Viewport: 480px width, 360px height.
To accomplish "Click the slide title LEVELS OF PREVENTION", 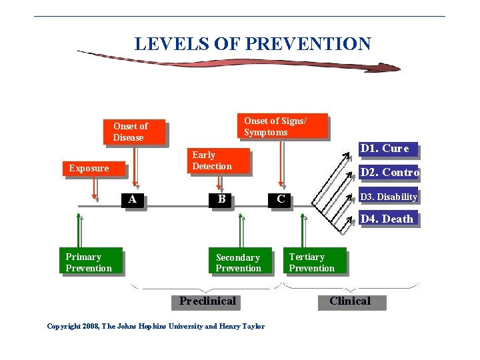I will pos(253,44).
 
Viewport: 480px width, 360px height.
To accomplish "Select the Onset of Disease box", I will pos(134,132).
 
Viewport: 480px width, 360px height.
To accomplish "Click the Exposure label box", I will pos(93,168).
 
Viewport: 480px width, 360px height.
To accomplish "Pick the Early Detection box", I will pos(218,161).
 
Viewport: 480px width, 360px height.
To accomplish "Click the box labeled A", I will pos(133,199).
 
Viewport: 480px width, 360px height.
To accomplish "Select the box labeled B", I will pos(221,199).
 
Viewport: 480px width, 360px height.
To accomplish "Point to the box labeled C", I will pos(281,199).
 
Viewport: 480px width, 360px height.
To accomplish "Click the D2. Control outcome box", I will pos(389,173).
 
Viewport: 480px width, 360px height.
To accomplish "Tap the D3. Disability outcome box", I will pos(389,197).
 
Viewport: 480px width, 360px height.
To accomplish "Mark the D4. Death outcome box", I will pos(389,219).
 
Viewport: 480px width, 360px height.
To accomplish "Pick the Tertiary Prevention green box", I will pos(317,262).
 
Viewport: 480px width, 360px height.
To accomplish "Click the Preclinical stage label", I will pos(207,301).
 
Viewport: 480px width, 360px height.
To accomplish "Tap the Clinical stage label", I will pos(350,301).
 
